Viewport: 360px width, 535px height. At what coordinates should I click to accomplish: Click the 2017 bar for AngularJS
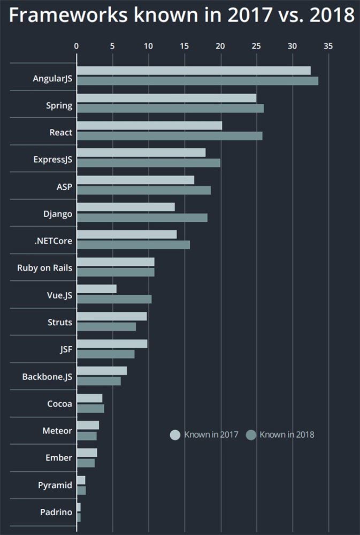(194, 71)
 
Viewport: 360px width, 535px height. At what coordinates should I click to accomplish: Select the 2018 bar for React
(170, 136)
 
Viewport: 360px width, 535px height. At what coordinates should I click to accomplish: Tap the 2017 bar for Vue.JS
(97, 289)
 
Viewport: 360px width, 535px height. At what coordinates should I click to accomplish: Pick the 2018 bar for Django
(142, 218)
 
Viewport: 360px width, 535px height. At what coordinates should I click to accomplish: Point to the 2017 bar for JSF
(112, 343)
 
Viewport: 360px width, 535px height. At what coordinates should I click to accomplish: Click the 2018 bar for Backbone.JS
(99, 381)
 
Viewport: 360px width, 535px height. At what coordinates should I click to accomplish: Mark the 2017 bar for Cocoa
(90, 398)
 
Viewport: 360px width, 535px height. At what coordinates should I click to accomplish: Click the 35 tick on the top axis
(328, 47)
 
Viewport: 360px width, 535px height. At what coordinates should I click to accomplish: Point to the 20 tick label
(220, 47)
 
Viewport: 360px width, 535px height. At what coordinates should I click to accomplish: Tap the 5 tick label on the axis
(112, 47)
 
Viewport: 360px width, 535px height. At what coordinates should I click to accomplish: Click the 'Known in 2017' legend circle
(175, 435)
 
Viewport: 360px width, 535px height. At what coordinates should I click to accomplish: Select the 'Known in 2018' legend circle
(251, 435)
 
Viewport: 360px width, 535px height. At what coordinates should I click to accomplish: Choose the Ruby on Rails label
(44, 268)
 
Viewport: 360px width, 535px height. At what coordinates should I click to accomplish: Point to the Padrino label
(56, 513)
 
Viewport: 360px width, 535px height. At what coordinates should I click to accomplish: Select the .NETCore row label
(53, 241)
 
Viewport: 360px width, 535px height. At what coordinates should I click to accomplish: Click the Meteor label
(57, 431)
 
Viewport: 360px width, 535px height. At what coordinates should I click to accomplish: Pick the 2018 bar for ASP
(144, 190)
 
